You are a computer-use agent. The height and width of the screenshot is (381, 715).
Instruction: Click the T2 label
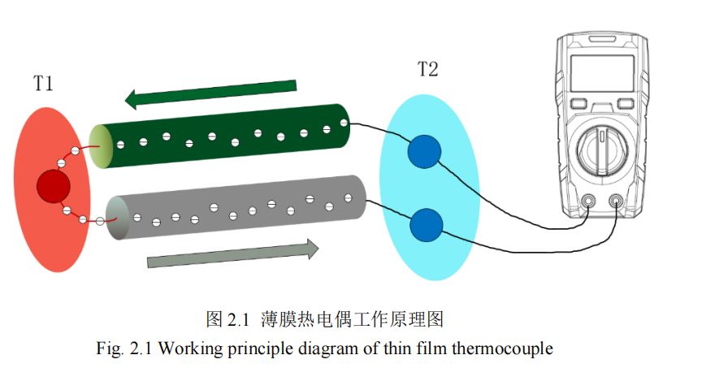(428, 69)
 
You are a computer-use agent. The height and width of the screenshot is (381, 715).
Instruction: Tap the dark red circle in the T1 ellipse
(54, 188)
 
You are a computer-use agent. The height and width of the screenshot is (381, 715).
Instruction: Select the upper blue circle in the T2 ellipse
(424, 152)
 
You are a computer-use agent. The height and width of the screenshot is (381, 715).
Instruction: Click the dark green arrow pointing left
(210, 91)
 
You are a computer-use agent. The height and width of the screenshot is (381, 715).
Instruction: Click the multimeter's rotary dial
(602, 152)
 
